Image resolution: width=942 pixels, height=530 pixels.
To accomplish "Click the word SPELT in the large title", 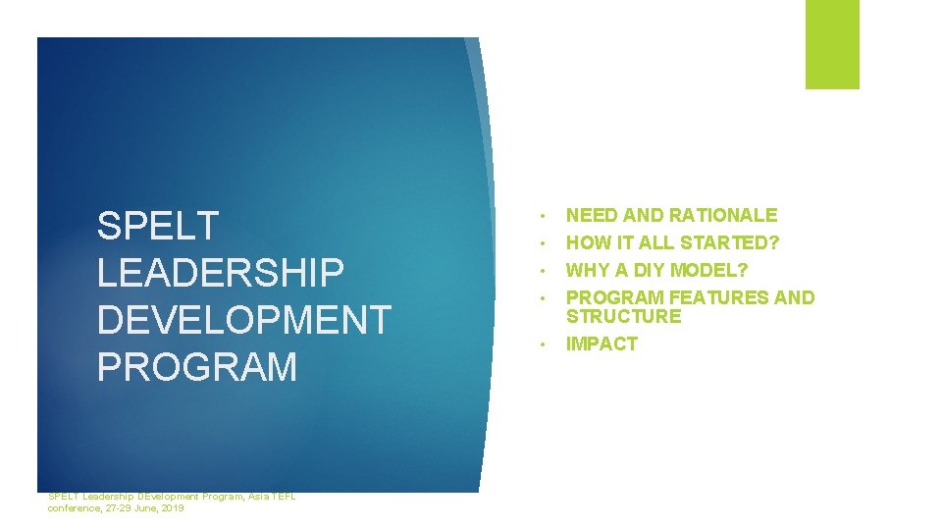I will coord(157,226).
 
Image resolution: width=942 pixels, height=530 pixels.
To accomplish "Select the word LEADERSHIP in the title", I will coord(221,273).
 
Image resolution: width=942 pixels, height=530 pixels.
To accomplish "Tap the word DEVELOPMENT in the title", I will coord(243,320).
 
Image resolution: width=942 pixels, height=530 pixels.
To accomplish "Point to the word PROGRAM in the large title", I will coord(196,367).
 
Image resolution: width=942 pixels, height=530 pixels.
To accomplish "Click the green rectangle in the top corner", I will coord(832,43).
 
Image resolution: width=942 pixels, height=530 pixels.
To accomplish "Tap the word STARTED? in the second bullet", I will coord(731,242).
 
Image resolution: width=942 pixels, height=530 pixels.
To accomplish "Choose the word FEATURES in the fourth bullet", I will coord(716,297).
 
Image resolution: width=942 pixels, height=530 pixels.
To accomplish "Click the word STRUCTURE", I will coord(623,316).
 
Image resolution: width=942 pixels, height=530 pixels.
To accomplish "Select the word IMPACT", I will coord(602,344).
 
